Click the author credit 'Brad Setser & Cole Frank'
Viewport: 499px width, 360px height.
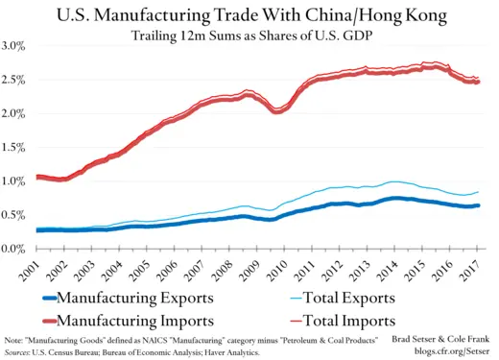[440, 341]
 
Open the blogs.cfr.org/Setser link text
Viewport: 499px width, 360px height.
[448, 352]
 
